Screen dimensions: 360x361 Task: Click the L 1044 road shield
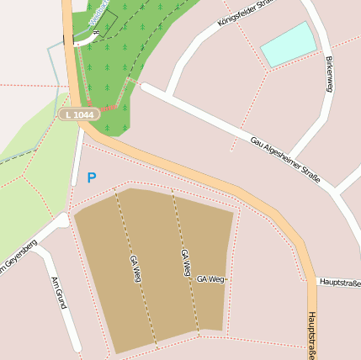click(x=80, y=114)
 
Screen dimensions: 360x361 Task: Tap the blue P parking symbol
click(x=91, y=178)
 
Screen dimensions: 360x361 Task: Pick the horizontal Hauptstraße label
click(x=339, y=283)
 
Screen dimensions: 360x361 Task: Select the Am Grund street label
click(x=57, y=293)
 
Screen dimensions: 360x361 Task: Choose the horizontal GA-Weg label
click(x=210, y=278)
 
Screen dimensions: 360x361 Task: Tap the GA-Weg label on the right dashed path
click(x=186, y=263)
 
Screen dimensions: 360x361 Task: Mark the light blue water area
click(x=288, y=45)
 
